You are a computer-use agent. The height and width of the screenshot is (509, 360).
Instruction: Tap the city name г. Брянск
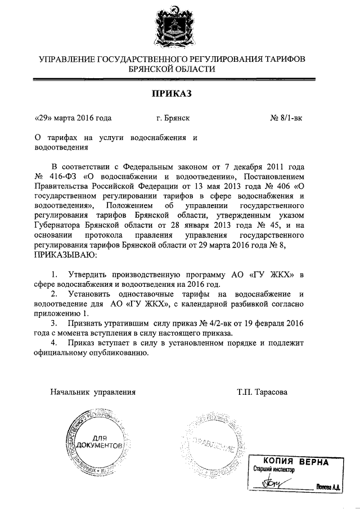[173, 118]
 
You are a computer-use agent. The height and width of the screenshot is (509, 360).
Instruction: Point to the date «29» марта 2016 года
[73, 118]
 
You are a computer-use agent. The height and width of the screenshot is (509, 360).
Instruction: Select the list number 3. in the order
[55, 324]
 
